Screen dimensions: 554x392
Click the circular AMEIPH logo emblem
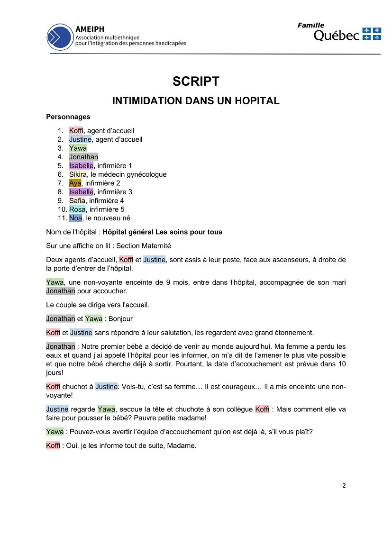(x=60, y=37)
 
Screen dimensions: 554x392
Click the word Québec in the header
(x=337, y=36)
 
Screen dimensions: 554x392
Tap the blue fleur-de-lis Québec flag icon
(x=372, y=34)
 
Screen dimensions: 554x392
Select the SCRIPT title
(x=196, y=82)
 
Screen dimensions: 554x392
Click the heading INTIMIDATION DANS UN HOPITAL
(x=196, y=101)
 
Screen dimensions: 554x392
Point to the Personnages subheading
(x=68, y=117)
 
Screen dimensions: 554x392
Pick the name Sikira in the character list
(x=78, y=174)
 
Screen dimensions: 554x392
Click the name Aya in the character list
(x=75, y=183)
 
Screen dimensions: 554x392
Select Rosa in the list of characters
(x=77, y=209)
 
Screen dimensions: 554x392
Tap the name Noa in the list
(x=75, y=218)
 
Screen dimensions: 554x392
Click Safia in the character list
(x=77, y=200)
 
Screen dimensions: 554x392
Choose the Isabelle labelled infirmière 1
(x=81, y=165)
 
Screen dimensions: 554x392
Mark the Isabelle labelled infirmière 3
(x=81, y=192)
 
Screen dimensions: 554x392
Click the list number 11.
(x=61, y=218)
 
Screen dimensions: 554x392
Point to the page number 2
(x=344, y=485)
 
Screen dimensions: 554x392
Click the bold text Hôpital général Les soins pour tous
(x=162, y=232)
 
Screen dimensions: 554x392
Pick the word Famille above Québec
(x=311, y=25)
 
